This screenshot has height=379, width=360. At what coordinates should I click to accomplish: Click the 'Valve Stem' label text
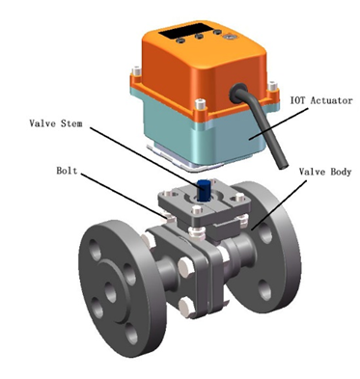point(56,123)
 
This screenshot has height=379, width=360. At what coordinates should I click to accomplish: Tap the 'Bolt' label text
point(67,171)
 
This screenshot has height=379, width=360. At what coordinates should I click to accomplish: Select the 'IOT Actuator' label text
point(321,100)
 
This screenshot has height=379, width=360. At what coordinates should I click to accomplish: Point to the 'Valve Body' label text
point(325,172)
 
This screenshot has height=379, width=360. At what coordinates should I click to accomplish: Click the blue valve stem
point(204,190)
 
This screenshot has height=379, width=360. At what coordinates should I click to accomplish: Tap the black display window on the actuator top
point(185,30)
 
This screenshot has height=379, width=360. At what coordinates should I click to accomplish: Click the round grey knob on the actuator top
point(230,37)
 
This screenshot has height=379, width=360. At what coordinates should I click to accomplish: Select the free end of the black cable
point(282,167)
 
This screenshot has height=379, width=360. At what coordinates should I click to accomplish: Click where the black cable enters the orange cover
point(238,92)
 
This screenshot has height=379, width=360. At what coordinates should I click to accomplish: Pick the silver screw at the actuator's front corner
point(201,104)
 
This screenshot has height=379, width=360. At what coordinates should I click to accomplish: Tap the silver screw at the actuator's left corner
point(137,70)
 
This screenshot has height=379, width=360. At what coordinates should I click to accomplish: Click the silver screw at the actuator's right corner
point(273,86)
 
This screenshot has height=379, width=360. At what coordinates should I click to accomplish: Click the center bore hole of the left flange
point(110,292)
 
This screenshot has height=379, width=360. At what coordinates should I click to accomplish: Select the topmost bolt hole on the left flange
point(96,250)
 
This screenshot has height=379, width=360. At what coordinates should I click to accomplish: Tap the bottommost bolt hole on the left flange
point(131,334)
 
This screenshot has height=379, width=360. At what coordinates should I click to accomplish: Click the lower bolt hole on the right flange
point(265,290)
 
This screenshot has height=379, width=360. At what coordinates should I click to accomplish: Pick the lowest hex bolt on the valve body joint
point(186,307)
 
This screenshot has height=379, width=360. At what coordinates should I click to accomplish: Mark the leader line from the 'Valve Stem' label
point(144,156)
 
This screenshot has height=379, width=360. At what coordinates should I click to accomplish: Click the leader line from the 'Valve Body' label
point(279,205)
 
